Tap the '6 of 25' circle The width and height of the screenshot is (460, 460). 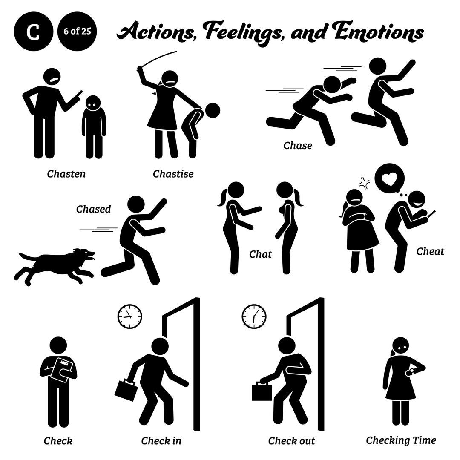pos(77,33)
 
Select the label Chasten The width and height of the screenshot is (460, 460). pos(66,173)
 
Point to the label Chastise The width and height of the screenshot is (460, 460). pos(173,173)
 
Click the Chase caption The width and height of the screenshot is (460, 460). pos(298,146)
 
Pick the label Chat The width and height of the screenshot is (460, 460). pos(260,254)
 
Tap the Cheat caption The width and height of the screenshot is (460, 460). pos(430,251)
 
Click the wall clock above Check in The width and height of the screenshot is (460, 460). pos(129,316)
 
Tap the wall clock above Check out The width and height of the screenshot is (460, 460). pos(254,316)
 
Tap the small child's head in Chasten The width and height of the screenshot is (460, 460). pos(93,103)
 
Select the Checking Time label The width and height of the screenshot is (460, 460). pos(401,440)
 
